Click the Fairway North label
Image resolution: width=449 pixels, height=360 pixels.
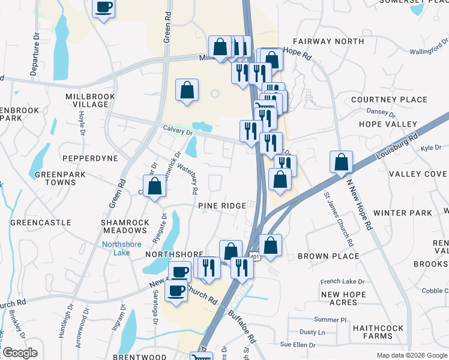(x=328, y=41)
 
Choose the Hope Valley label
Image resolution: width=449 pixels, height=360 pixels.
(x=387, y=124)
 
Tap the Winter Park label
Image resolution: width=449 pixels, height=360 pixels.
(x=402, y=213)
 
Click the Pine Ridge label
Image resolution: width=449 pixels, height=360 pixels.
(x=222, y=206)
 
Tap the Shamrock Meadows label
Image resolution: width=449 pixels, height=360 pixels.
(x=125, y=227)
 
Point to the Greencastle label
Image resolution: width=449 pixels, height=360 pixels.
(x=41, y=223)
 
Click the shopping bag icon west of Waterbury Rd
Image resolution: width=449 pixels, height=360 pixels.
(x=154, y=186)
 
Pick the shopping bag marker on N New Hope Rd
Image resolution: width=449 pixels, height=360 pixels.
(x=341, y=161)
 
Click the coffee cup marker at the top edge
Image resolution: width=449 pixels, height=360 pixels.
(x=103, y=8)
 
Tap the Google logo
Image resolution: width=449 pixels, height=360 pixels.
(x=19, y=353)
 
